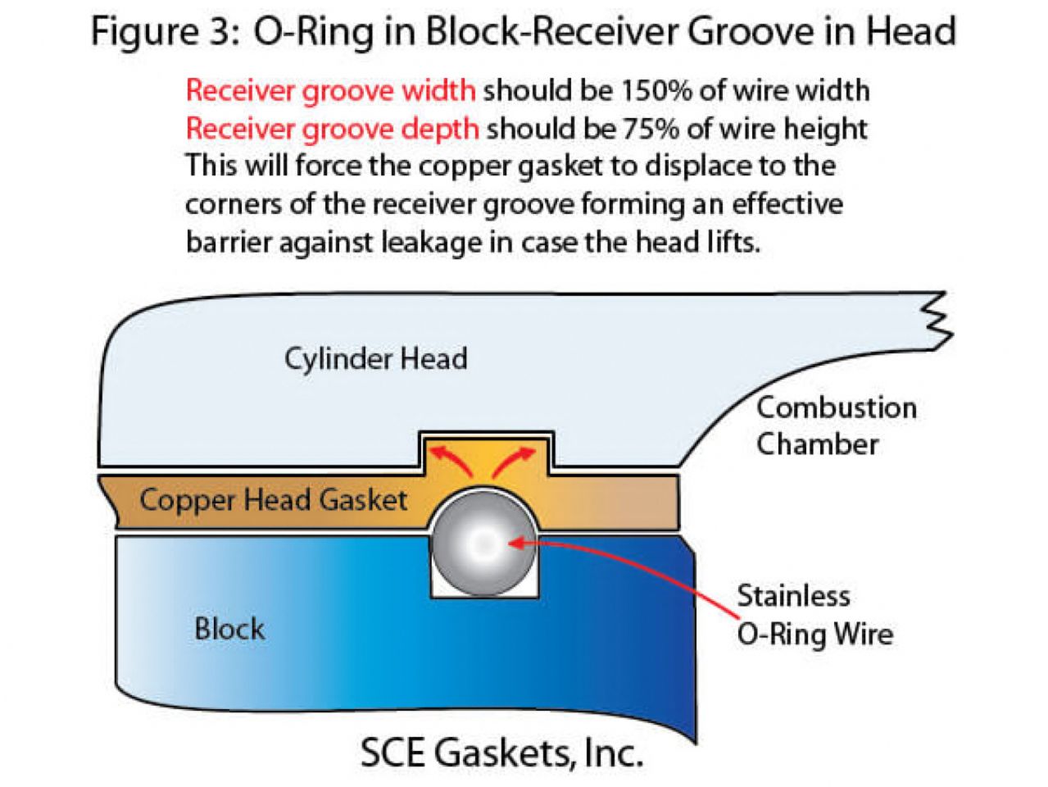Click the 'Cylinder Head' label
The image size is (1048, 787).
[375, 359]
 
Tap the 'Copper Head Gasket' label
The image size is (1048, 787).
[273, 500]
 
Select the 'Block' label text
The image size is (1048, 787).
[229, 630]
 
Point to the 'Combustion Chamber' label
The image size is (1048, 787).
[836, 425]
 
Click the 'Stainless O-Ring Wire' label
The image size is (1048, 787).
[814, 615]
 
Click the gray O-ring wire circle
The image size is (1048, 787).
[483, 542]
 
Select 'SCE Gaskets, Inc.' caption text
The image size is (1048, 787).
[501, 753]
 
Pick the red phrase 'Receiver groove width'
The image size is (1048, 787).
[330, 90]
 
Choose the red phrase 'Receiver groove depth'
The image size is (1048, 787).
[332, 129]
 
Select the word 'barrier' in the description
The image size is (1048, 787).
[234, 242]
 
